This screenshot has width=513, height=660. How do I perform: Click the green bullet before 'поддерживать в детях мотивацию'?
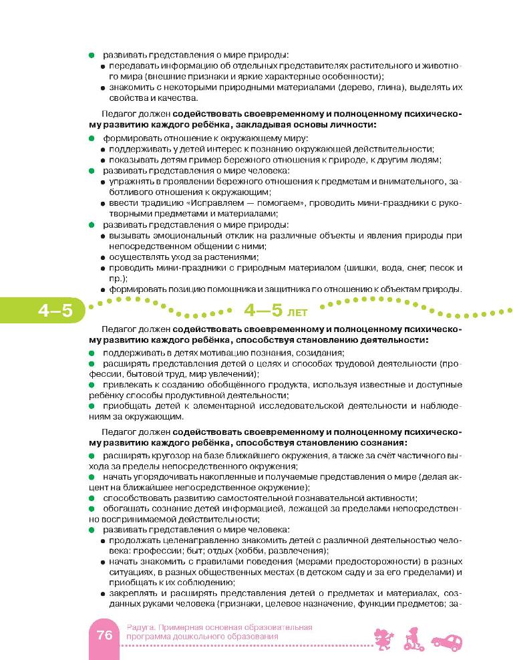[92, 352]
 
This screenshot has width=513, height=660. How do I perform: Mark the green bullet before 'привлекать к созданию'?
[92, 385]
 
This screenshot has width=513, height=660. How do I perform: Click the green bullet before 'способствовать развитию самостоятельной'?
[92, 498]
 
